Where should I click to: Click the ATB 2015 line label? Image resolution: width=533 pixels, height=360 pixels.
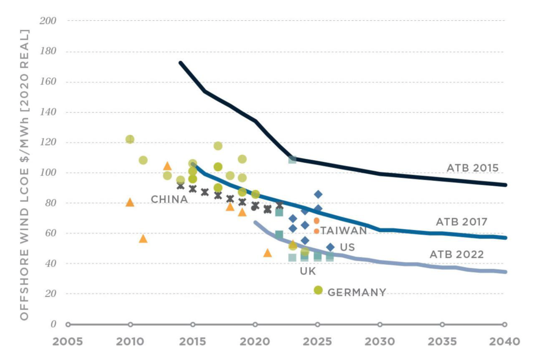(x=472, y=168)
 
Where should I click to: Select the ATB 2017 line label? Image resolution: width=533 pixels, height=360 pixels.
(x=461, y=222)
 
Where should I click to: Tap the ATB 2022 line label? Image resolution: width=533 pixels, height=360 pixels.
(x=456, y=254)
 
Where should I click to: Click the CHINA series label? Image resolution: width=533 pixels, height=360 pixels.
(x=169, y=199)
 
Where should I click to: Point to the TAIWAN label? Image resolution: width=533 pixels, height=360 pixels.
(x=344, y=230)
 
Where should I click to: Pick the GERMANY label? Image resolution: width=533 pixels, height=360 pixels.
(x=357, y=292)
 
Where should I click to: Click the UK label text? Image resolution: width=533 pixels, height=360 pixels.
(x=308, y=271)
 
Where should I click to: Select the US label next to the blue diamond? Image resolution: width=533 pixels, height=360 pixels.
(x=347, y=247)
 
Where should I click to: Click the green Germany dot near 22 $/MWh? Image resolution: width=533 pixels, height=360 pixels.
(x=318, y=290)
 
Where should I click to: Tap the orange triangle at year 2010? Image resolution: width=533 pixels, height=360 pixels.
(x=130, y=202)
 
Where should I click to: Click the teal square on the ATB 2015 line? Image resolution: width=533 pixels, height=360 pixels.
(x=293, y=159)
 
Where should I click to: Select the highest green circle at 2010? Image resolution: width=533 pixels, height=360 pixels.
(x=130, y=139)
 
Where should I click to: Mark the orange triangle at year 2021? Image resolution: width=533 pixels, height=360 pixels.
(x=268, y=253)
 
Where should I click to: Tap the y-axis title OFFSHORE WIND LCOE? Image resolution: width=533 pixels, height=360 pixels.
(x=24, y=174)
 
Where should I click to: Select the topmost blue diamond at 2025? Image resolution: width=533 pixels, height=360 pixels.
(x=318, y=194)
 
